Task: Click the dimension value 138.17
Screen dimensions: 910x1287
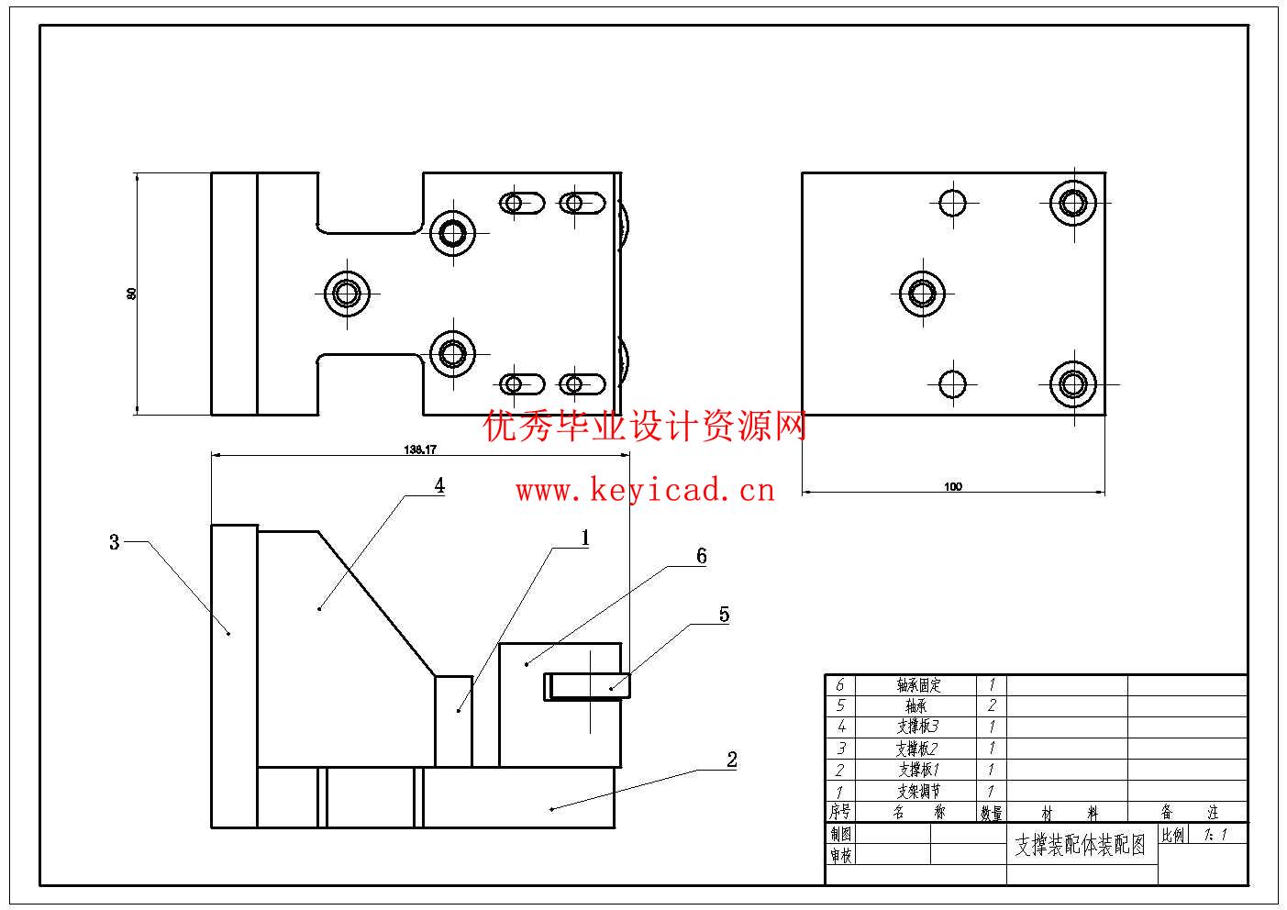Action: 420,449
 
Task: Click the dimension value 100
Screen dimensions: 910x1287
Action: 953,486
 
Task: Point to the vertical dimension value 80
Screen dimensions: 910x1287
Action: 131,294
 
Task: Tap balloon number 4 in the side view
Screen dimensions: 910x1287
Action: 439,485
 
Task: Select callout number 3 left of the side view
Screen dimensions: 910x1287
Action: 115,542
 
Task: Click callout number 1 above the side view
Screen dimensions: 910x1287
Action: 584,538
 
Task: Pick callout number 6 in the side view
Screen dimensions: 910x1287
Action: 702,556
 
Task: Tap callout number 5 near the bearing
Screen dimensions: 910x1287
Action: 724,615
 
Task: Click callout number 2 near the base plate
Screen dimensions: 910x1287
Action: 731,760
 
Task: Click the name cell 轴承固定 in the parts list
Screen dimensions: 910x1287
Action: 918,685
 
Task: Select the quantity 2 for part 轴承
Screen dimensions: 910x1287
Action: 992,706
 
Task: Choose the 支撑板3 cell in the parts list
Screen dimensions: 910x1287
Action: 918,727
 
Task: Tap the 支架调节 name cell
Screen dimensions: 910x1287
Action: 918,791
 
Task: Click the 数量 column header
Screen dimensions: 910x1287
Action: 992,813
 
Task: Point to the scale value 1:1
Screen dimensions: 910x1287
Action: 1214,835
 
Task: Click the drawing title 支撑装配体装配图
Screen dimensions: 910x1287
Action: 1081,846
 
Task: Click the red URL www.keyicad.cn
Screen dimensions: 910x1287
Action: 645,491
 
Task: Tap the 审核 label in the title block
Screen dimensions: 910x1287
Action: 841,855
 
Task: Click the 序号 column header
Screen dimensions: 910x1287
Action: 840,812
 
